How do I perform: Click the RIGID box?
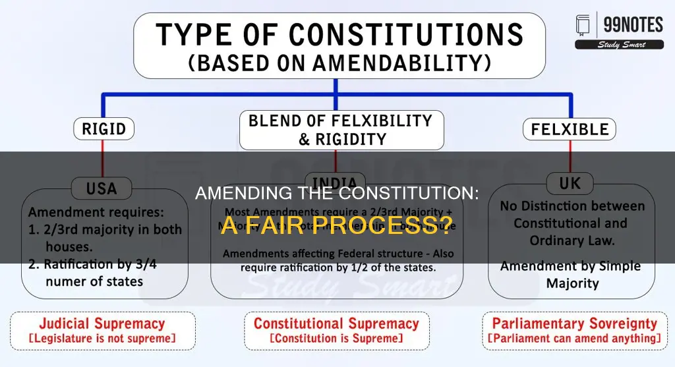(x=103, y=129)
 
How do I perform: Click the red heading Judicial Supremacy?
(x=102, y=324)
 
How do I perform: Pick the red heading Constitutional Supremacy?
(x=336, y=324)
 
